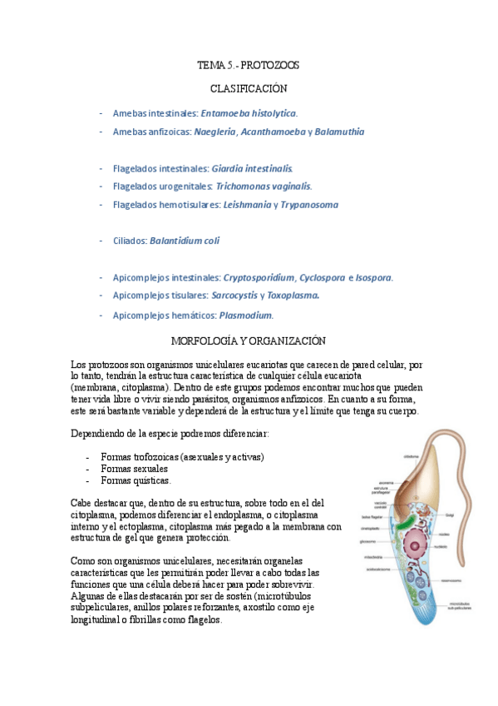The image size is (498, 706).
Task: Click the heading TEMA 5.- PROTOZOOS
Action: pyautogui.click(x=248, y=64)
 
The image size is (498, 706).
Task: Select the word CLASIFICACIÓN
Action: pyautogui.click(x=248, y=87)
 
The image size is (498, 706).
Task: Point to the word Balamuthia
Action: pyautogui.click(x=339, y=132)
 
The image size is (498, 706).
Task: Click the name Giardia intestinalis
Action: pyautogui.click(x=252, y=167)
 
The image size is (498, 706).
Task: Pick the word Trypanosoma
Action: pyautogui.click(x=309, y=204)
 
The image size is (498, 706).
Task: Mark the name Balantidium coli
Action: pyautogui.click(x=185, y=241)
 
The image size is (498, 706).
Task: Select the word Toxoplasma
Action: pyautogui.click(x=293, y=295)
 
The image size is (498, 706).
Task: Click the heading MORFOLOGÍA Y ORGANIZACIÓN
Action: pyautogui.click(x=248, y=341)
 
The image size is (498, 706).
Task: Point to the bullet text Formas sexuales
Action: pyautogui.click(x=134, y=469)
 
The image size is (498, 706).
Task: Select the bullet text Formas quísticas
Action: pyautogui.click(x=136, y=480)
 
